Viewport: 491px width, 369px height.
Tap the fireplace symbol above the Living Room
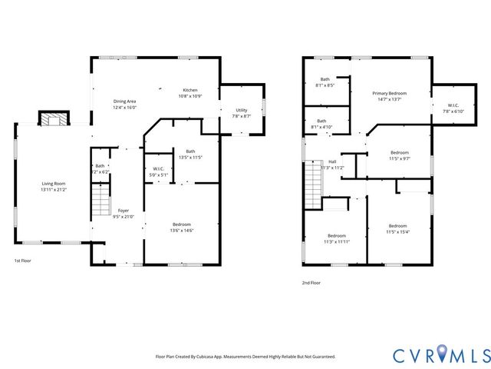54,119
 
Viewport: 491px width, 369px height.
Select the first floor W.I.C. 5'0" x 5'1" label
159,171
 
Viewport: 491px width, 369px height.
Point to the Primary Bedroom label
390,95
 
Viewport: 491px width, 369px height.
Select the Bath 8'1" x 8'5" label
325,81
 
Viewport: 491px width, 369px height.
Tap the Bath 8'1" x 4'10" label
321,124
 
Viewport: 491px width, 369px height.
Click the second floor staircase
312,182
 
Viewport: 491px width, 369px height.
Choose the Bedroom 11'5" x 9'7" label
399,155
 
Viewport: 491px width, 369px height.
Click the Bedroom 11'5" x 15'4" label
397,228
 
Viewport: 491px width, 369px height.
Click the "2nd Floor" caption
311,283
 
